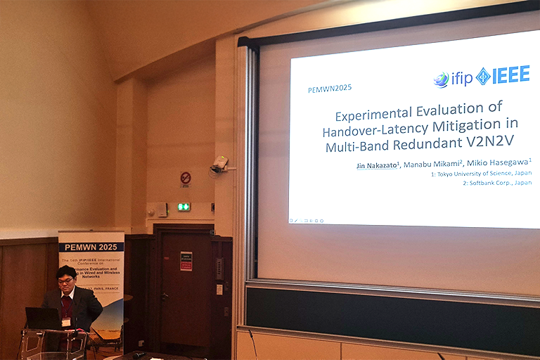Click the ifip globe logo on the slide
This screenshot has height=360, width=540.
tap(442, 79)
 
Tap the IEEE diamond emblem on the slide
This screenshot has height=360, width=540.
tap(483, 76)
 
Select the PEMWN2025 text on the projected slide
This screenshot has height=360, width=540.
tap(330, 89)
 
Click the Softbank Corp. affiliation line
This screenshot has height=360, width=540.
tap(496, 183)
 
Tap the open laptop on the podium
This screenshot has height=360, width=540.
tap(43, 319)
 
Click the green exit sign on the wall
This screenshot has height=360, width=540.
tap(184, 207)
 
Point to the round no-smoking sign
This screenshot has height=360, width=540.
tap(186, 178)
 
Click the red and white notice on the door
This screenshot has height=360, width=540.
tap(186, 261)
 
